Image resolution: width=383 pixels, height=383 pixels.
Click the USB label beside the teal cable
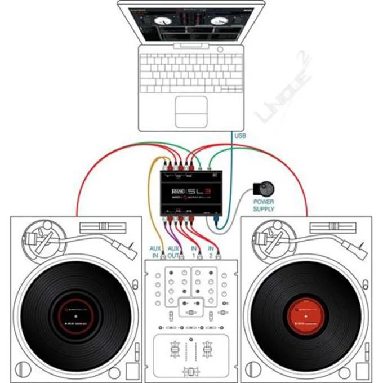click(x=240, y=137)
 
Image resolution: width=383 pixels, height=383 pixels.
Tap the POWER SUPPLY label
click(x=263, y=205)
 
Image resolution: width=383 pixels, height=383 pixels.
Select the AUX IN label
click(x=155, y=251)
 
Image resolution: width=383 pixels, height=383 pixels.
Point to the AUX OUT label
click(x=173, y=251)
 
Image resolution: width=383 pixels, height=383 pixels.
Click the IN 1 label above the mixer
click(x=195, y=251)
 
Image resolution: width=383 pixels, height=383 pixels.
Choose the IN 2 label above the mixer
click(x=211, y=251)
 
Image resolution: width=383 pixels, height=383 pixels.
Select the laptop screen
click(x=190, y=26)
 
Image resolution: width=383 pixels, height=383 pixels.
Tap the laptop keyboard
click(x=190, y=70)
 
